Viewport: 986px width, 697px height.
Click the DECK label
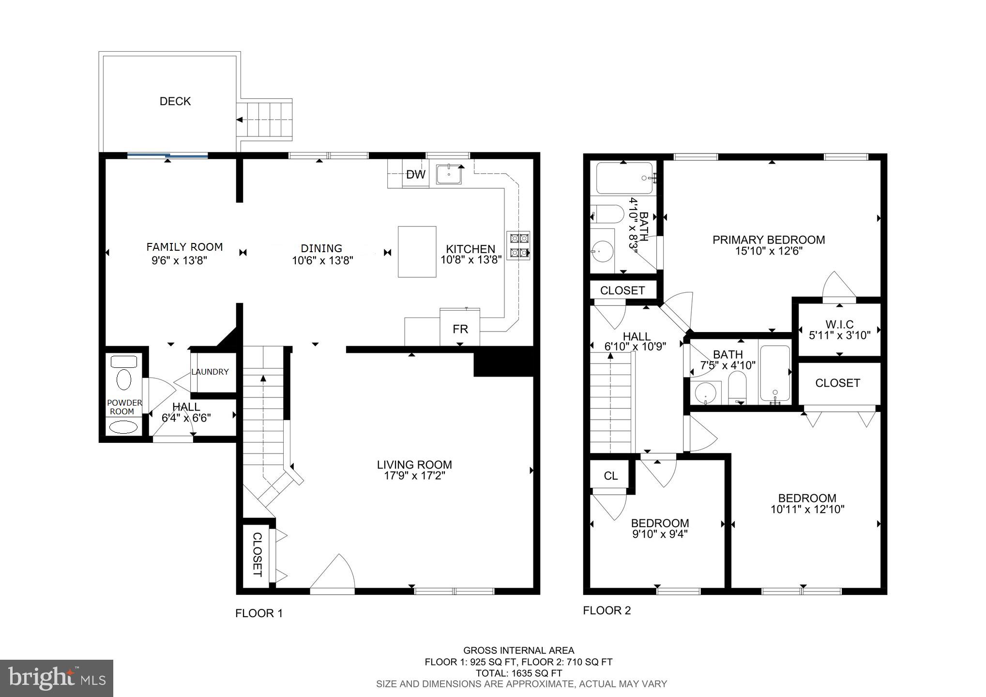(x=175, y=101)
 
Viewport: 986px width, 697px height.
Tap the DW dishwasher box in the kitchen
(x=415, y=175)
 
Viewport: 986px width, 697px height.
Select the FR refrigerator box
(x=460, y=329)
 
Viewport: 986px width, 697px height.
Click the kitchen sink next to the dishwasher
(x=449, y=174)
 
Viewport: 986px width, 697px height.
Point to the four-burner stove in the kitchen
(x=518, y=245)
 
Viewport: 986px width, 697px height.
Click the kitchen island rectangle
(x=417, y=252)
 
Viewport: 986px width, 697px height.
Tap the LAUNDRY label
(x=210, y=372)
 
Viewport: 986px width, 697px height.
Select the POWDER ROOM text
(x=124, y=407)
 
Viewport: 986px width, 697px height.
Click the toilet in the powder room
(x=124, y=379)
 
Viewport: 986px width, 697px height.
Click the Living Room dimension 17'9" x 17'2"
(x=414, y=476)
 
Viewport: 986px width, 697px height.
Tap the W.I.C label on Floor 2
(x=839, y=324)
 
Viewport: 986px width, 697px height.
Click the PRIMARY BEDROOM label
(x=768, y=240)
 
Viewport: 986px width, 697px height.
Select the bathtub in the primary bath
(x=624, y=178)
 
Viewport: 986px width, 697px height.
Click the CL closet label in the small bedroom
(x=610, y=476)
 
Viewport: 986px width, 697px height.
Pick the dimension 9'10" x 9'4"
(x=660, y=534)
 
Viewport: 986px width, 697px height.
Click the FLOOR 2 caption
(x=607, y=611)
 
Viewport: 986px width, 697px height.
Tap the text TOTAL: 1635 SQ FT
(x=518, y=673)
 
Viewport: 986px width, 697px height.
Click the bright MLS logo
(x=57, y=679)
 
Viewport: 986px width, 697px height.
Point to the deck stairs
(x=265, y=119)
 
